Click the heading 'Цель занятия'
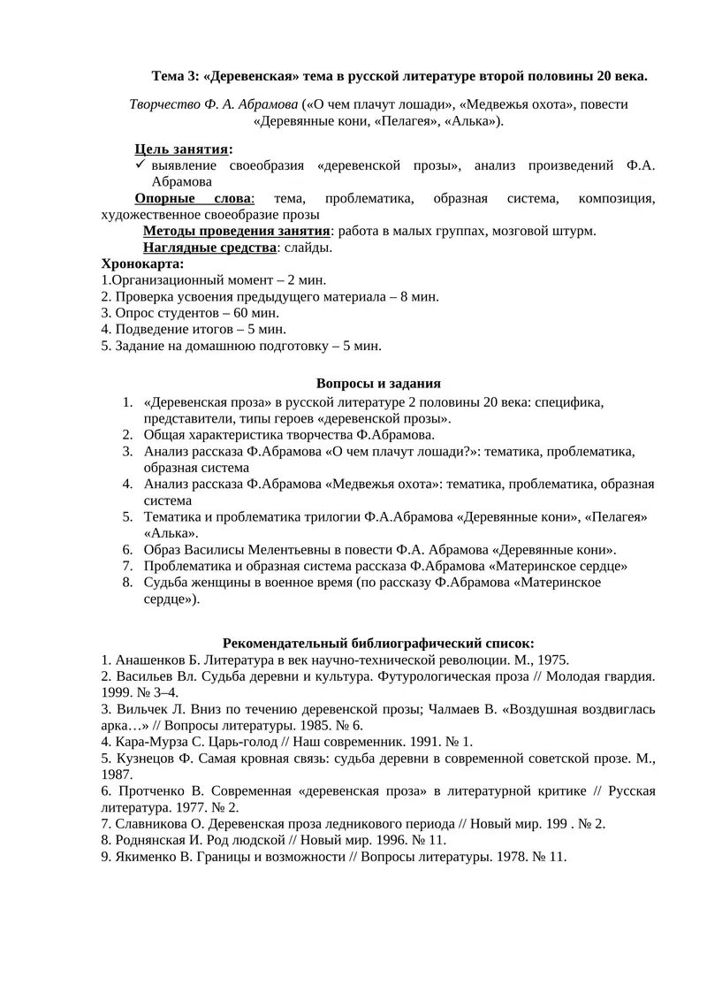coord(181,149)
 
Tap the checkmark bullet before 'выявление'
coord(140,165)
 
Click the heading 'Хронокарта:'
coord(143,263)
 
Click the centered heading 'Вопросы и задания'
coord(378,384)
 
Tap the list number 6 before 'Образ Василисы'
coord(126,549)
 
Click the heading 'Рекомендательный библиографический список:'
coord(378,643)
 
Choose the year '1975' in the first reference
coord(551,660)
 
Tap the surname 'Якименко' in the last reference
coord(147,857)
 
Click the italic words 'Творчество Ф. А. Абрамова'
coord(213,104)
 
